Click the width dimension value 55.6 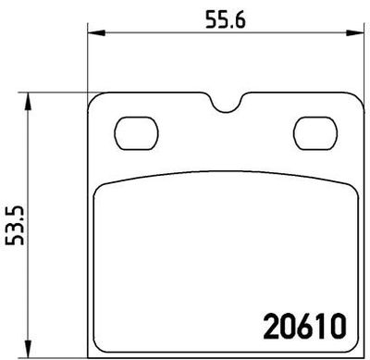224,17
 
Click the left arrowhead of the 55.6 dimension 92,35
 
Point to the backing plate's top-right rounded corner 355,98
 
